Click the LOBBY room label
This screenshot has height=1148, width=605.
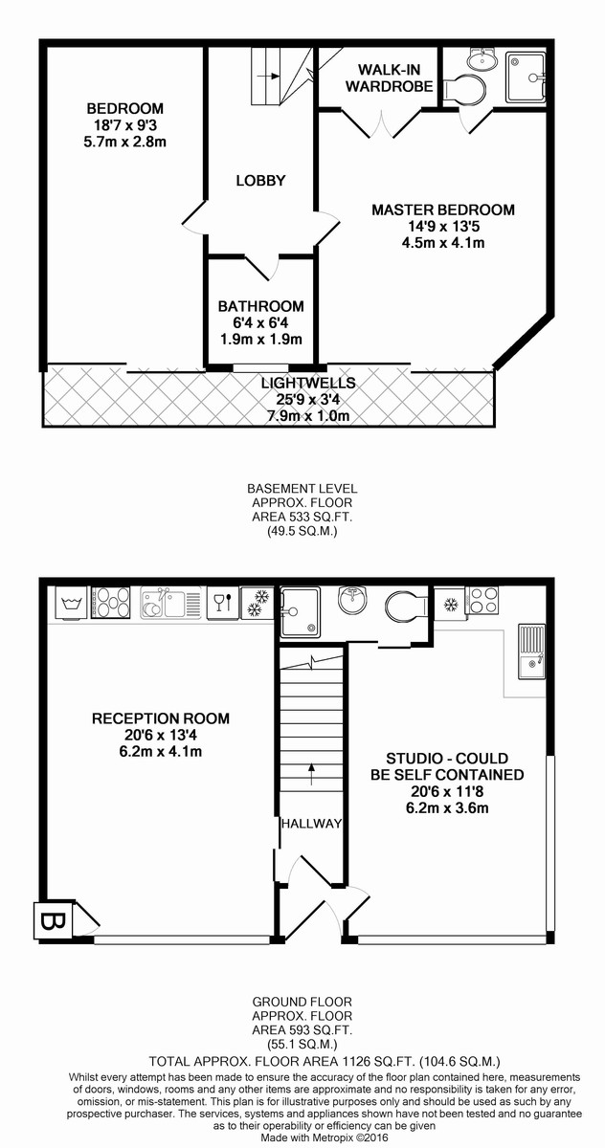(x=260, y=181)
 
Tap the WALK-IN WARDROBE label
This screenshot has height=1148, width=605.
(x=390, y=77)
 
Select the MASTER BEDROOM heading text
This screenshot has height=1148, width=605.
(x=443, y=210)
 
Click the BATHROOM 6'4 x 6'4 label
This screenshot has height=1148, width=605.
(x=261, y=322)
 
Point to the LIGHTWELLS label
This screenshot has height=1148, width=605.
(x=308, y=383)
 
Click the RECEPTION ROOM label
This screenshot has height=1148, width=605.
(x=161, y=718)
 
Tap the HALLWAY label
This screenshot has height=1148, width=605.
(x=311, y=824)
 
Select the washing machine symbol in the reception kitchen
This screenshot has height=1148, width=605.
(x=71, y=604)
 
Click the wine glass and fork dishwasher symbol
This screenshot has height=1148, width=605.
(x=223, y=604)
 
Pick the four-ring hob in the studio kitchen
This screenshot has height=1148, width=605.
(x=482, y=601)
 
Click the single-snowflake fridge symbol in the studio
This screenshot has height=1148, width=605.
(x=450, y=605)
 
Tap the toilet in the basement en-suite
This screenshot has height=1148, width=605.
(x=463, y=90)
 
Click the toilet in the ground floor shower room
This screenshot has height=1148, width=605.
(x=408, y=605)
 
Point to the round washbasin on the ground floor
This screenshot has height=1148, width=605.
(x=352, y=600)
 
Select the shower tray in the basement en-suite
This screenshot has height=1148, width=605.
(x=525, y=77)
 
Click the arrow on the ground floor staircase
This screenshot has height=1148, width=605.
(x=311, y=774)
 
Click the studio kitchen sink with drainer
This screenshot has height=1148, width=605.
(x=531, y=651)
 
